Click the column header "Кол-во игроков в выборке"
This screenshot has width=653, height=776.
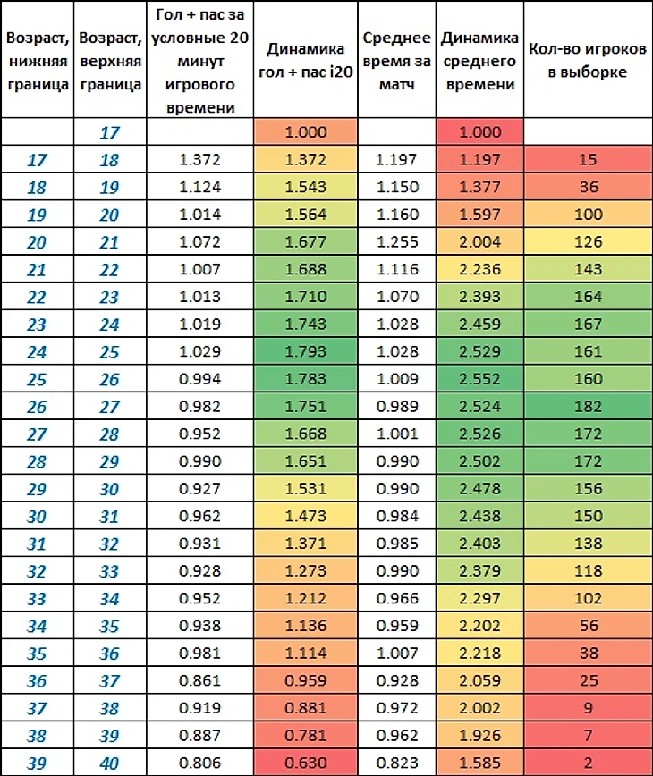589,59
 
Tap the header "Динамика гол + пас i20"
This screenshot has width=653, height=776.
306,59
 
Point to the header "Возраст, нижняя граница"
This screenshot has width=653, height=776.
37,61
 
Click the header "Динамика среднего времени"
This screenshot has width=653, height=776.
479,59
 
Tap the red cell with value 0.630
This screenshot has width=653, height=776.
306,763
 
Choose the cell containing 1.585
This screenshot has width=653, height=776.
479,763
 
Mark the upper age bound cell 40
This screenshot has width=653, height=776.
109,763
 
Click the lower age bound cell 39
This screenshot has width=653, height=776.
37,763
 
